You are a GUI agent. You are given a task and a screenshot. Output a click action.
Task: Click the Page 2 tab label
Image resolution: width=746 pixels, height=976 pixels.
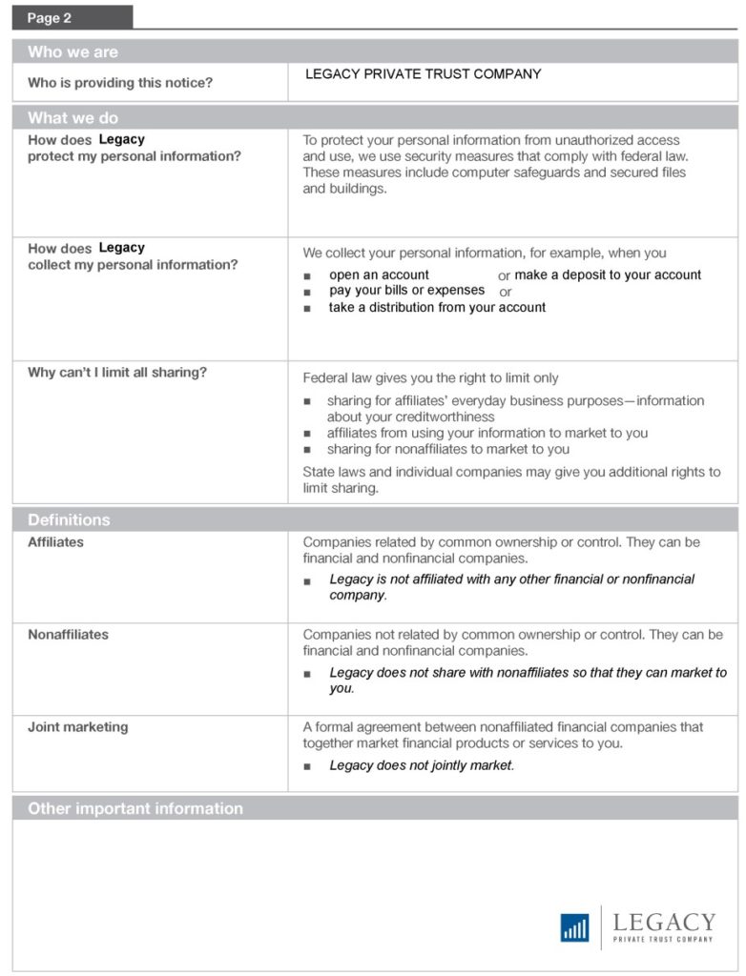click(x=50, y=18)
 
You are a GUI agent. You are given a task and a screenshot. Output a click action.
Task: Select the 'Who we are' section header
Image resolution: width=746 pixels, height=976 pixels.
click(x=73, y=52)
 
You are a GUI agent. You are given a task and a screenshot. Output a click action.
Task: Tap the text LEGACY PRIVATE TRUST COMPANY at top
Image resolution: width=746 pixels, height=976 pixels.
click(x=423, y=74)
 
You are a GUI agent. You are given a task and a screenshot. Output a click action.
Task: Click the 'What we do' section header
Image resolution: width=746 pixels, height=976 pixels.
click(x=73, y=118)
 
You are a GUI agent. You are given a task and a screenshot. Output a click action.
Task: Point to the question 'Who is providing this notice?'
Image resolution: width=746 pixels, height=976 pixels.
click(x=120, y=83)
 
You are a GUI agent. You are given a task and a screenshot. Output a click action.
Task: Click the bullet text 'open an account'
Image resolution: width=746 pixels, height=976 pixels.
click(x=379, y=274)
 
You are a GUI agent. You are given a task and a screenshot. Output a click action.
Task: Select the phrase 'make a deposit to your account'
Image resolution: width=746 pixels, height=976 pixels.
click(x=608, y=274)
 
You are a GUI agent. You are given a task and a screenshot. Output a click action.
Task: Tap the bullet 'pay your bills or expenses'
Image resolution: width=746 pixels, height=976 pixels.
click(x=407, y=291)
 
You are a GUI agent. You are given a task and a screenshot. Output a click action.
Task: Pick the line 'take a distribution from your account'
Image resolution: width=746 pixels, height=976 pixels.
click(x=437, y=307)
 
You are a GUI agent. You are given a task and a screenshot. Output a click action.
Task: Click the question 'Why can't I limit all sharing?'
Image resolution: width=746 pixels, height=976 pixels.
click(x=117, y=373)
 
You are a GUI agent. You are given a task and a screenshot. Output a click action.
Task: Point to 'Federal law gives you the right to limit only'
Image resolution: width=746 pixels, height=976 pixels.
click(x=430, y=378)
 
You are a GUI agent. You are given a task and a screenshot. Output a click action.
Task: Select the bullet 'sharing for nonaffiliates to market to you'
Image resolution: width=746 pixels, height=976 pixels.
click(x=447, y=449)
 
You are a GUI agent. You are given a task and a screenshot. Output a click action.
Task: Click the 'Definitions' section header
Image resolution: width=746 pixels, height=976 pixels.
click(x=69, y=519)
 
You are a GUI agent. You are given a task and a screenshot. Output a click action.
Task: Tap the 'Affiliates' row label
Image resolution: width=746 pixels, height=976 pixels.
click(x=55, y=542)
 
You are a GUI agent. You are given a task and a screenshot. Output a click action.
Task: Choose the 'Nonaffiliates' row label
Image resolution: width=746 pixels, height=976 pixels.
click(x=68, y=635)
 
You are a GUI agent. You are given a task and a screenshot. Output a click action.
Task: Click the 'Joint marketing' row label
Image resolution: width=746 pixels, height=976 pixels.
click(x=77, y=727)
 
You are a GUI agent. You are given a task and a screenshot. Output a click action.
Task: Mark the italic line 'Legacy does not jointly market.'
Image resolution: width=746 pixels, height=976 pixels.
click(x=422, y=765)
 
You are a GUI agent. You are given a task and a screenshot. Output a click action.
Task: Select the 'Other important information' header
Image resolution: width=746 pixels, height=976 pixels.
click(x=135, y=808)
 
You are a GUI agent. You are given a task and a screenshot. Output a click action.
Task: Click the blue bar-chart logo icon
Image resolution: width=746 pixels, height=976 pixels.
click(x=574, y=927)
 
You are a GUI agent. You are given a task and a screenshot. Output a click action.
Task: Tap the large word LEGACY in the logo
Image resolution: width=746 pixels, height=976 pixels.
click(x=664, y=922)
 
